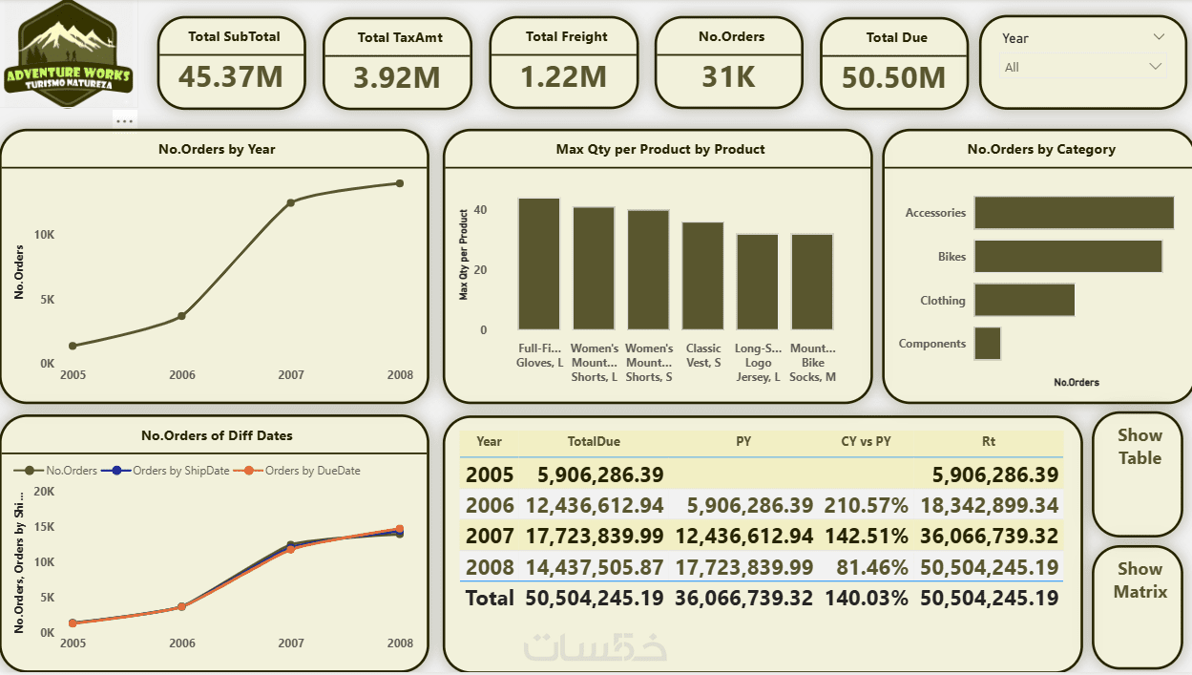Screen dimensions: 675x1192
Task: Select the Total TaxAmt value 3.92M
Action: [397, 77]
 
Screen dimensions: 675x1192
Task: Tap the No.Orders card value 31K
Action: [728, 77]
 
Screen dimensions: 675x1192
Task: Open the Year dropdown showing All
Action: [1083, 67]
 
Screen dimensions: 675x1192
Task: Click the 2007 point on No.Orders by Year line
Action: [291, 202]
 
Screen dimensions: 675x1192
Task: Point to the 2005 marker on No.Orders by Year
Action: [73, 346]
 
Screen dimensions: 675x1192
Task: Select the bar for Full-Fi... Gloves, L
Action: [539, 264]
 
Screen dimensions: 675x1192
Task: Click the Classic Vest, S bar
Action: [702, 276]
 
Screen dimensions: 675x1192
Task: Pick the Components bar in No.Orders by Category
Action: [988, 344]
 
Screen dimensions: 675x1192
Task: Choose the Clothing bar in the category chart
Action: [1024, 300]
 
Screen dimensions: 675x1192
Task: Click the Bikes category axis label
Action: [952, 257]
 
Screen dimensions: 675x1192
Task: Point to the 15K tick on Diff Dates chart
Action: [42, 526]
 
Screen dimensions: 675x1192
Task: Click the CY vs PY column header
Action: [866, 442]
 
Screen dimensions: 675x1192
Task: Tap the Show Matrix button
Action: [1140, 580]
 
